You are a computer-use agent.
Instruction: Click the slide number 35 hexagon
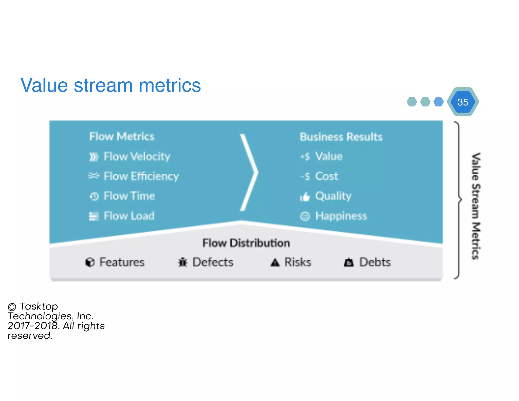(463, 102)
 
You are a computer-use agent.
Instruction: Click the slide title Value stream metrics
(110, 85)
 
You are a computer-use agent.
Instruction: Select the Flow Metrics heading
(122, 137)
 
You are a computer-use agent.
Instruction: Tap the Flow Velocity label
(137, 156)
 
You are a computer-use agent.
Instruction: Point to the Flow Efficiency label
(141, 176)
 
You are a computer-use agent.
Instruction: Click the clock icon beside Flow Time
(94, 196)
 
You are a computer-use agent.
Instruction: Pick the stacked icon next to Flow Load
(94, 216)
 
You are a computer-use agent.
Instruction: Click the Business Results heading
(341, 137)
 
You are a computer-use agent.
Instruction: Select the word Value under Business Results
(329, 156)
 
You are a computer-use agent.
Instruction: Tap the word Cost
(326, 176)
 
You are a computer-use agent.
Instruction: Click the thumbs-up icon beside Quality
(305, 196)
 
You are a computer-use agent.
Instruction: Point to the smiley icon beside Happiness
(305, 216)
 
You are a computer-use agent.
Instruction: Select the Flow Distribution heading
(246, 243)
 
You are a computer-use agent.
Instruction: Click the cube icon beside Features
(90, 262)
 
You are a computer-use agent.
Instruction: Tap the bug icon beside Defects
(182, 262)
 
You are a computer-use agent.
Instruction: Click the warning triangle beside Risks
(275, 262)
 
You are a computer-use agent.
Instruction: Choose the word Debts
(375, 262)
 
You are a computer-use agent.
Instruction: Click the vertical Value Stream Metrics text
(476, 206)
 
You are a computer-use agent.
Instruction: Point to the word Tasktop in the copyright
(39, 306)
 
